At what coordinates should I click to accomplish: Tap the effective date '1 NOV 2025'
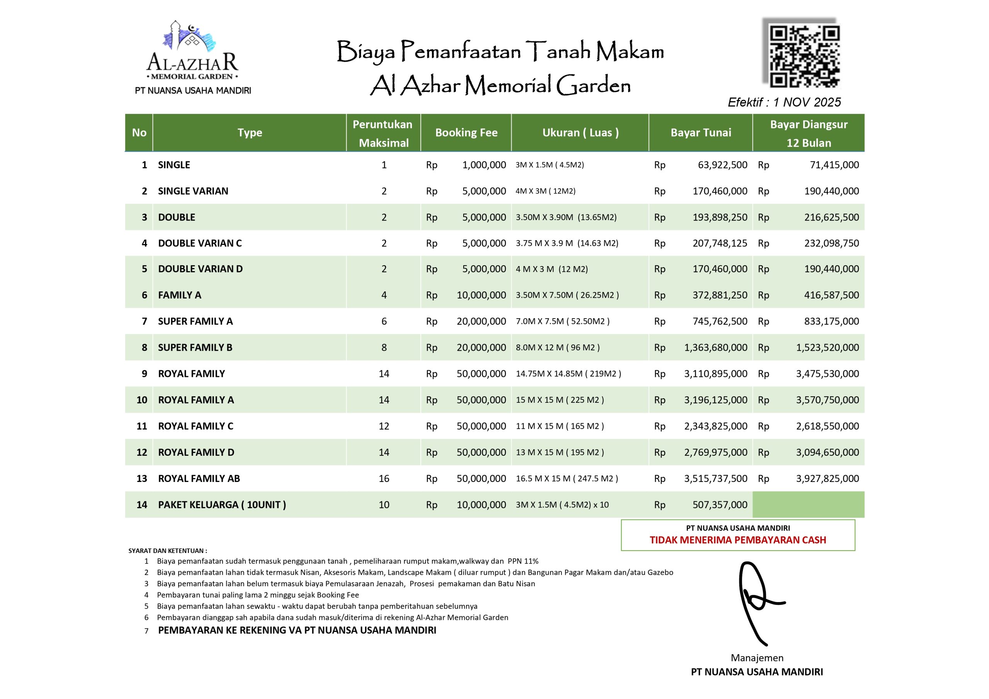pyautogui.click(x=807, y=102)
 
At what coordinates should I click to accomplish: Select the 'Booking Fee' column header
pyautogui.click(x=466, y=132)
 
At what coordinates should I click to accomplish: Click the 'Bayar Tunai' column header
pyautogui.click(x=700, y=132)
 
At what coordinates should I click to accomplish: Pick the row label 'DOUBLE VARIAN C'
pyautogui.click(x=199, y=243)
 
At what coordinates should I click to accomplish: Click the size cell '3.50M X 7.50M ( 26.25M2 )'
pyautogui.click(x=567, y=295)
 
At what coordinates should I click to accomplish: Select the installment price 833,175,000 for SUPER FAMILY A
pyautogui.click(x=831, y=321)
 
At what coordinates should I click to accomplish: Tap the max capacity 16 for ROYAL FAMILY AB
pyautogui.click(x=384, y=478)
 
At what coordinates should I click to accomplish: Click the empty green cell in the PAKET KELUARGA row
pyautogui.click(x=808, y=504)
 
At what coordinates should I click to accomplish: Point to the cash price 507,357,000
pyautogui.click(x=719, y=505)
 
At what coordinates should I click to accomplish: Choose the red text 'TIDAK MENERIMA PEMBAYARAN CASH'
pyautogui.click(x=738, y=540)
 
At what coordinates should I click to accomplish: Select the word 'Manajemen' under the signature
pyautogui.click(x=757, y=658)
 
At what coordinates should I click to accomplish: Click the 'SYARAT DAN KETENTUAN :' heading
pyautogui.click(x=168, y=550)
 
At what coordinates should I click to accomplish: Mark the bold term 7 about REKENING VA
pyautogui.click(x=297, y=630)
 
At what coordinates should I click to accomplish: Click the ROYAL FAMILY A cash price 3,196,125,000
pyautogui.click(x=715, y=400)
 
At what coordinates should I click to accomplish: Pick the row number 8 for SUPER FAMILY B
pyautogui.click(x=144, y=348)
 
